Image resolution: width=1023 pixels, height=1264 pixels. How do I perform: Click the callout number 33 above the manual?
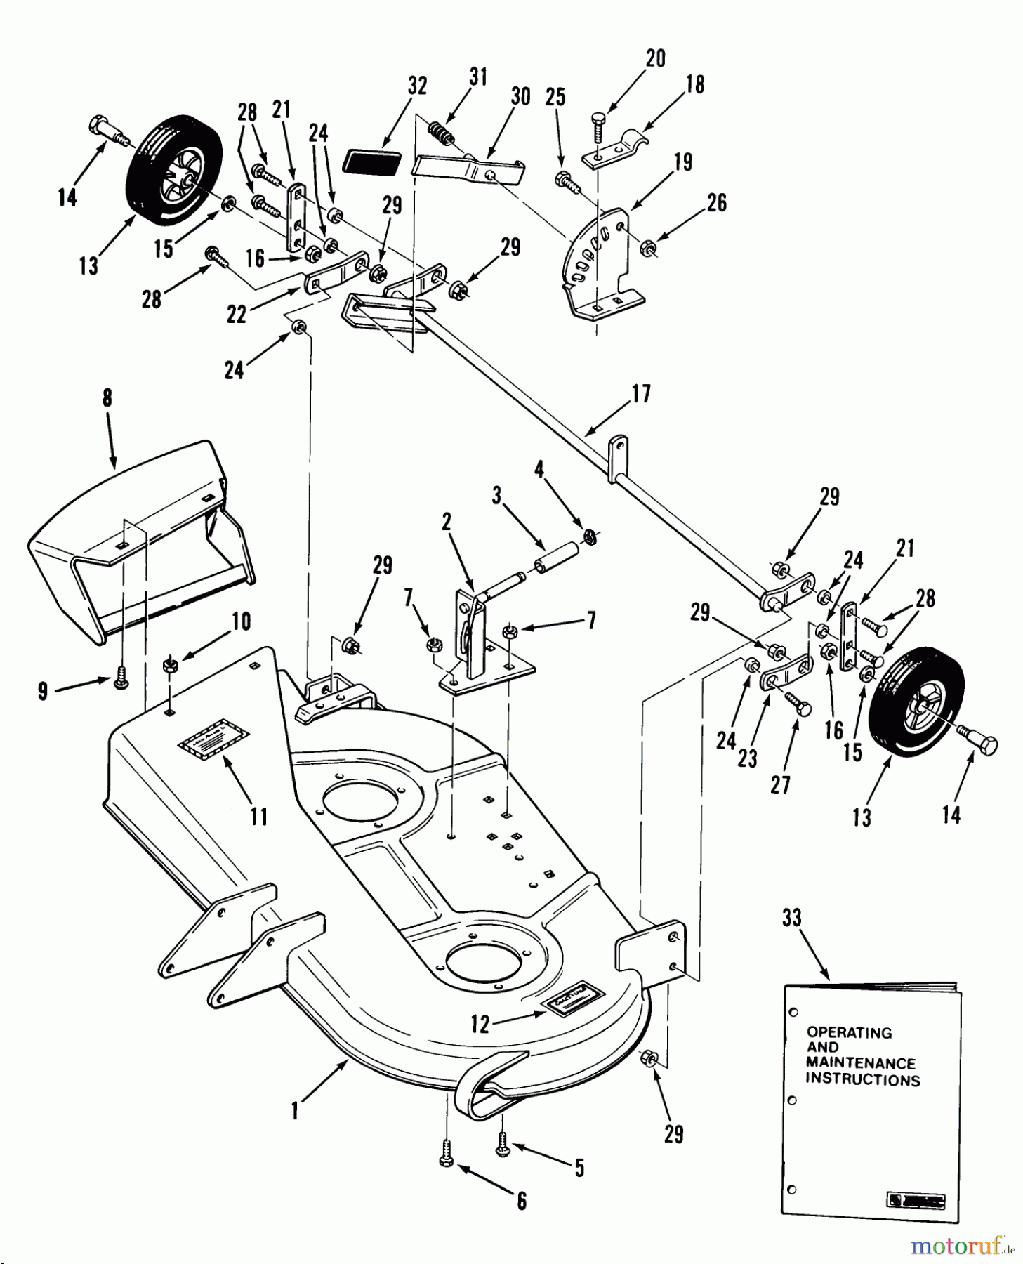(791, 918)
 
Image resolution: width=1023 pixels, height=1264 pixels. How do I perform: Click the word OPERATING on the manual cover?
(849, 1032)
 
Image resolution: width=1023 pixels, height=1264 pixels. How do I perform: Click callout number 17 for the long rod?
(641, 393)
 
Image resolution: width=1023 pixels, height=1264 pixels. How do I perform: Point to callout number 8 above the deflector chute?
(107, 398)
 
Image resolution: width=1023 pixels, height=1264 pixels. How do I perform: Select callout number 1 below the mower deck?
(296, 1112)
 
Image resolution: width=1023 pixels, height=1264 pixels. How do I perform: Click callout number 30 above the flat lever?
(520, 96)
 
